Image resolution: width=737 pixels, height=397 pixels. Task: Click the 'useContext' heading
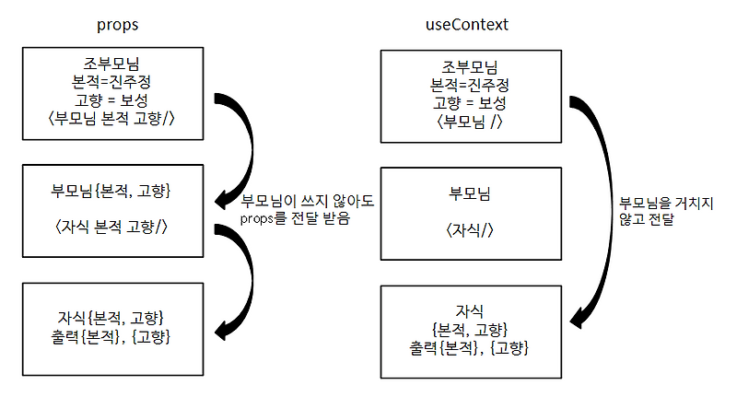click(x=470, y=25)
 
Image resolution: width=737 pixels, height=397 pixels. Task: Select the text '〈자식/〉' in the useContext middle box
click(x=470, y=228)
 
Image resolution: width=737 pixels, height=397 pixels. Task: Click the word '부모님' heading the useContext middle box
click(x=470, y=194)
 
